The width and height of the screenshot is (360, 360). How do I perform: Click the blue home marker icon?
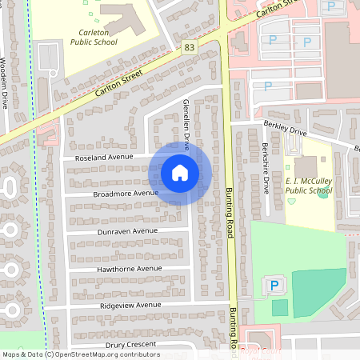(x=180, y=172)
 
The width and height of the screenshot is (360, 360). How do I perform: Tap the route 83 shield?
(x=189, y=48)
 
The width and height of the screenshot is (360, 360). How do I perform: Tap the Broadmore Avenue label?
(x=126, y=194)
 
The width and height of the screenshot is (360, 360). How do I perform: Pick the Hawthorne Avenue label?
(x=129, y=268)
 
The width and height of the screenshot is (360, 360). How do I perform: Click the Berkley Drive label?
(x=285, y=129)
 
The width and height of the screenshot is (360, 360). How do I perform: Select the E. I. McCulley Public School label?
(x=308, y=186)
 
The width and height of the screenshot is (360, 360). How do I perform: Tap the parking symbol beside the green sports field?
(x=273, y=286)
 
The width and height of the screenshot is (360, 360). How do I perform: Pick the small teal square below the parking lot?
(x=279, y=307)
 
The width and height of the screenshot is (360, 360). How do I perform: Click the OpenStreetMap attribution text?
(x=80, y=354)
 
